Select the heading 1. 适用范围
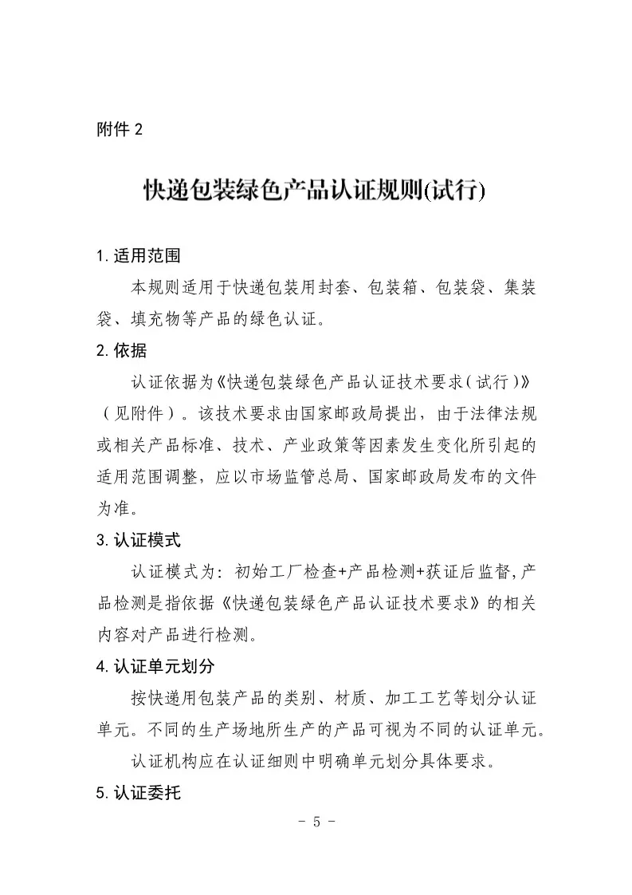click(x=139, y=256)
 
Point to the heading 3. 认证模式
click(x=139, y=540)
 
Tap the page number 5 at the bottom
click(x=316, y=822)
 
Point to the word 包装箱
click(x=392, y=288)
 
